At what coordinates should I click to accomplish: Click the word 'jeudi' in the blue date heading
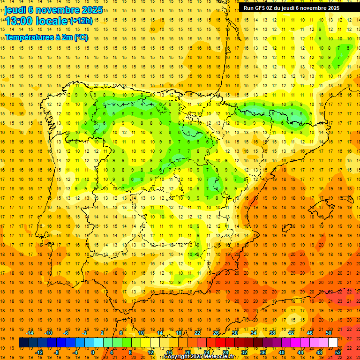coord(15,10)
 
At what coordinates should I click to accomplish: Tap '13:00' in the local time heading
coord(19,22)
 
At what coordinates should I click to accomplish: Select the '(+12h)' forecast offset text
coord(81,21)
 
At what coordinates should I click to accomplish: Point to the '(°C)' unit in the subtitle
coord(80,37)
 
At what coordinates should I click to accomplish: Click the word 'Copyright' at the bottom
coord(177,357)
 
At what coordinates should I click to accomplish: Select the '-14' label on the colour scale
coord(31,333)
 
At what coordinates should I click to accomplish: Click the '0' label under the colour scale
coord(93,352)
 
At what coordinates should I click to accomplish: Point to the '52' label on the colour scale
coord(338,352)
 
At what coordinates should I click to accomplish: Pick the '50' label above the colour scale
coord(329,333)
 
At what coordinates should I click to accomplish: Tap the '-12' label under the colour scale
coord(40,352)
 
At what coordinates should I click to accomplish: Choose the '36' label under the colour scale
coord(262,352)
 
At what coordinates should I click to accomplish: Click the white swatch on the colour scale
coord(333,343)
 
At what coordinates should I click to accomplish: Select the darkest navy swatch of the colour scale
coord(23,343)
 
